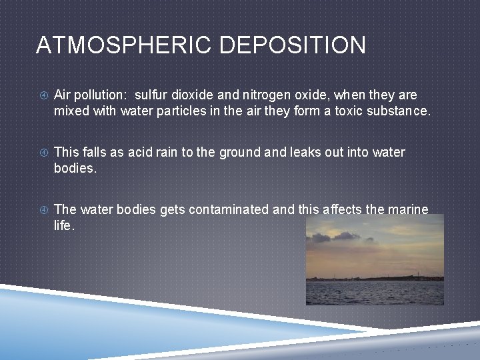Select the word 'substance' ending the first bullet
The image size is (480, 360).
(398, 111)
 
